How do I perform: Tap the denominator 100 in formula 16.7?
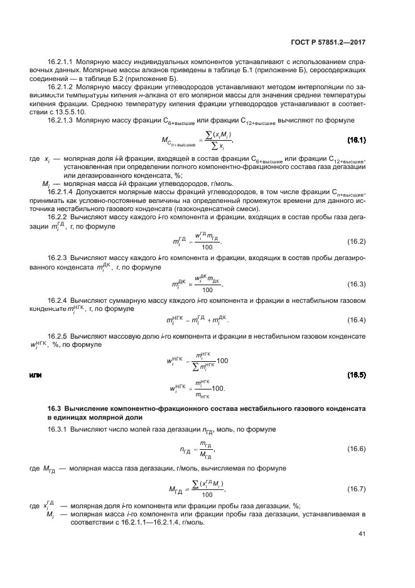[207, 494]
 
